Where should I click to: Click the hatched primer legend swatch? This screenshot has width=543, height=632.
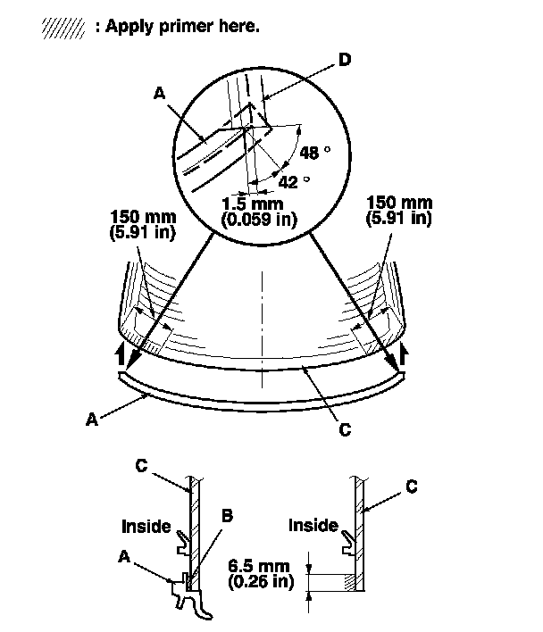[63, 29]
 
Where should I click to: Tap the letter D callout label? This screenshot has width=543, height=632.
[345, 60]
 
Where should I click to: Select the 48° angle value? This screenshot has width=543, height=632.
[315, 153]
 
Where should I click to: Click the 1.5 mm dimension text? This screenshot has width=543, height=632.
[253, 204]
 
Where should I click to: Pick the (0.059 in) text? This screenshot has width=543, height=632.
[259, 220]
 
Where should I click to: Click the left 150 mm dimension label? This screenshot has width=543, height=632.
[143, 216]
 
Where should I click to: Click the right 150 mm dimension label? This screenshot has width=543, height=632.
[399, 202]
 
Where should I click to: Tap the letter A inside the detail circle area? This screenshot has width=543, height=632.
[160, 93]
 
